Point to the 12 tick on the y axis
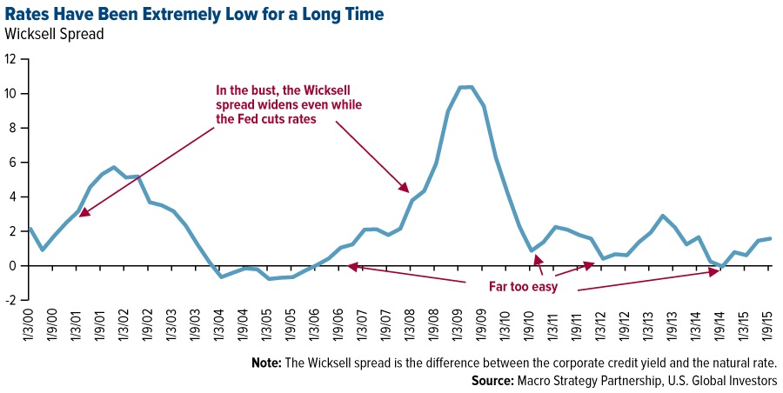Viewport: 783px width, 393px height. point(11,59)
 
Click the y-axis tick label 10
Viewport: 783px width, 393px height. point(11,94)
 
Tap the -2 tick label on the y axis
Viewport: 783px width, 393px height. point(10,301)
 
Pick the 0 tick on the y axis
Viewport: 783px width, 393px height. point(13,266)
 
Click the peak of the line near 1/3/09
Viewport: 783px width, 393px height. point(465,87)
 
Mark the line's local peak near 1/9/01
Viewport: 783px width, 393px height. point(114,167)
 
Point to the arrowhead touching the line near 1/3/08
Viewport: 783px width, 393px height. point(404,188)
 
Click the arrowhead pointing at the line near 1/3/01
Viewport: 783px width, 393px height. point(83,210)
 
